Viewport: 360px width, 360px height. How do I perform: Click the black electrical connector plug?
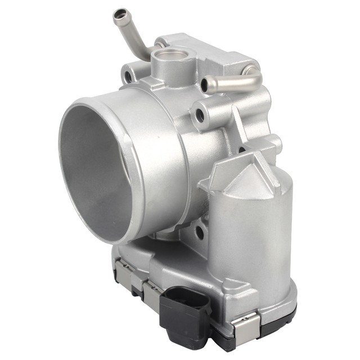[x=184, y=307]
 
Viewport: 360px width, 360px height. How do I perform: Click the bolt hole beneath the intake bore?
[x=199, y=231]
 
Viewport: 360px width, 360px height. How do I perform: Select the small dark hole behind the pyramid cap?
[x=241, y=150]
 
